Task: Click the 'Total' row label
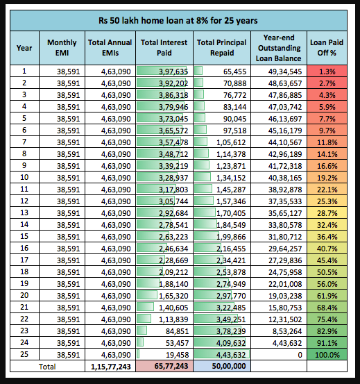46,365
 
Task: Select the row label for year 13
24,212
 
